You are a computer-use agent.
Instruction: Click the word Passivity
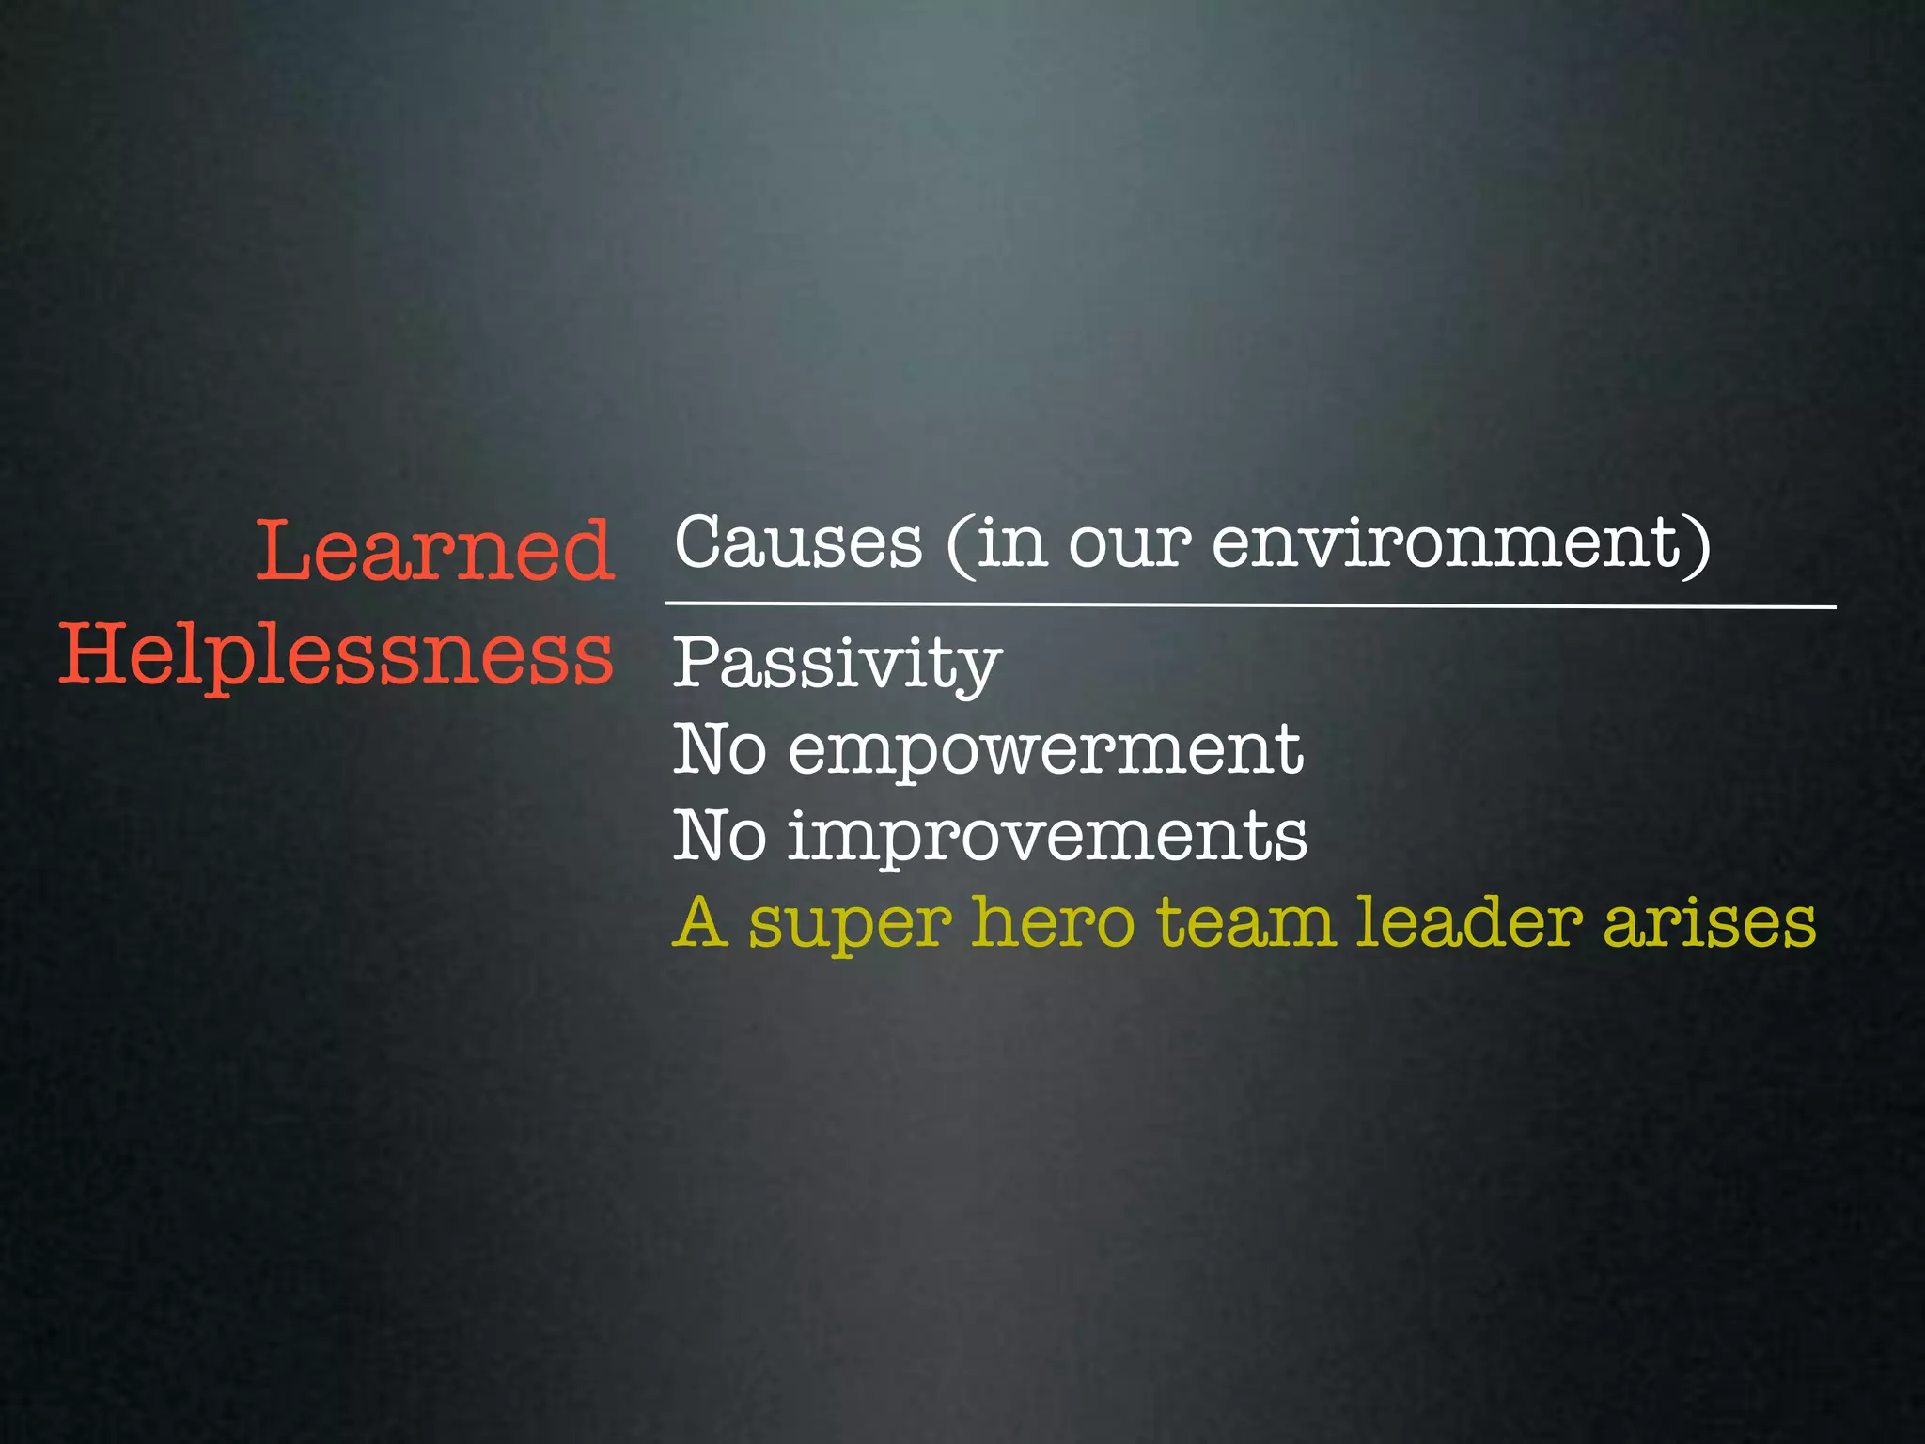pyautogui.click(x=837, y=664)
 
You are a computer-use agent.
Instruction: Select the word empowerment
pyautogui.click(x=1045, y=750)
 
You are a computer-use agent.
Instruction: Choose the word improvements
pyautogui.click(x=1047, y=836)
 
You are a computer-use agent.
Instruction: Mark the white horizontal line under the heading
pyautogui.click(x=1250, y=605)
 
